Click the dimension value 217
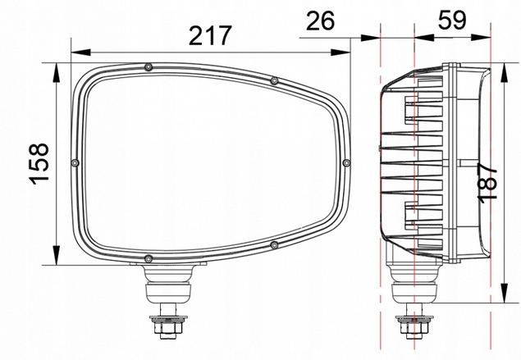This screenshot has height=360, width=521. (x=210, y=35)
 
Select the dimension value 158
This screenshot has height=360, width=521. (x=39, y=164)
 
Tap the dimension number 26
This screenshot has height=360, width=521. (x=320, y=21)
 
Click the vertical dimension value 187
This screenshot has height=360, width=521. (x=487, y=182)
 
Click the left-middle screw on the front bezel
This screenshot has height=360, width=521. (x=75, y=162)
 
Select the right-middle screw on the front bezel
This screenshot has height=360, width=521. (x=346, y=162)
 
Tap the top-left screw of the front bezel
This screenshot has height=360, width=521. (x=149, y=67)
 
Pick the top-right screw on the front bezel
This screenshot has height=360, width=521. (x=274, y=80)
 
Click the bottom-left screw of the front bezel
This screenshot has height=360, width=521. (x=149, y=258)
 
